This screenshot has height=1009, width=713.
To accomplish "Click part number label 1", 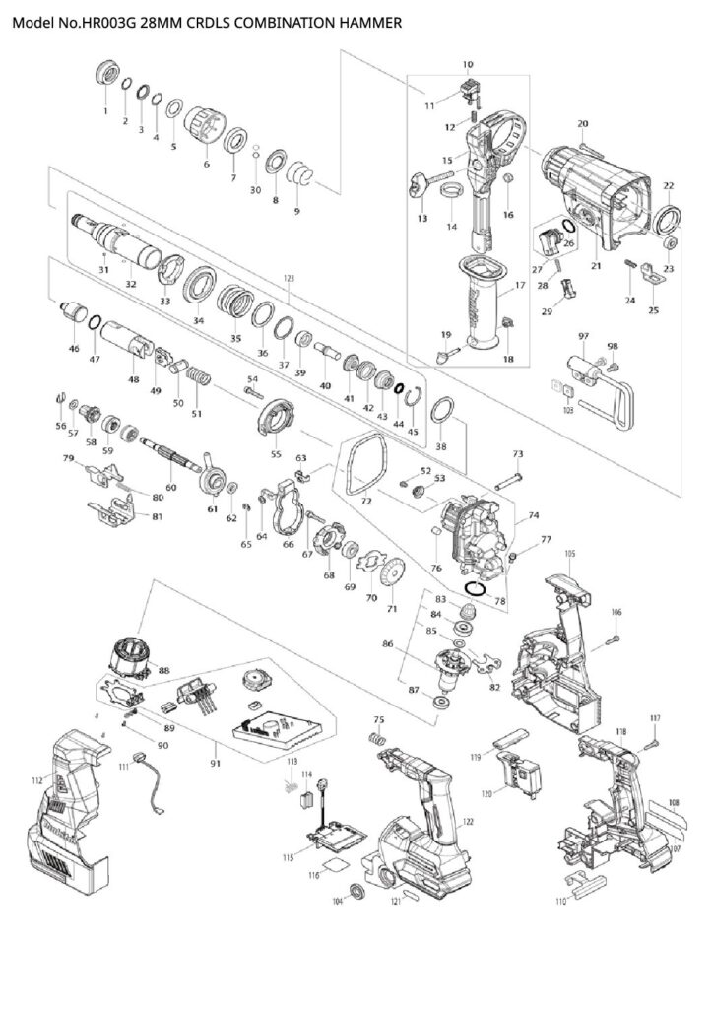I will coord(105,111).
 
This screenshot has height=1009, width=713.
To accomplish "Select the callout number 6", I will coord(207,164).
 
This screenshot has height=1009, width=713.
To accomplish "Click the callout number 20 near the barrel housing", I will coord(582,123).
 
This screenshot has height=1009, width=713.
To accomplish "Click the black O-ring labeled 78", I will coord(476,588).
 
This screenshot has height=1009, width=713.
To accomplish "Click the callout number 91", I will coord(216,762).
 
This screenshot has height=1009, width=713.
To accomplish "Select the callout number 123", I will coord(289,279).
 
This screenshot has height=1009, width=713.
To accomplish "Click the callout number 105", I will coord(569,555).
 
